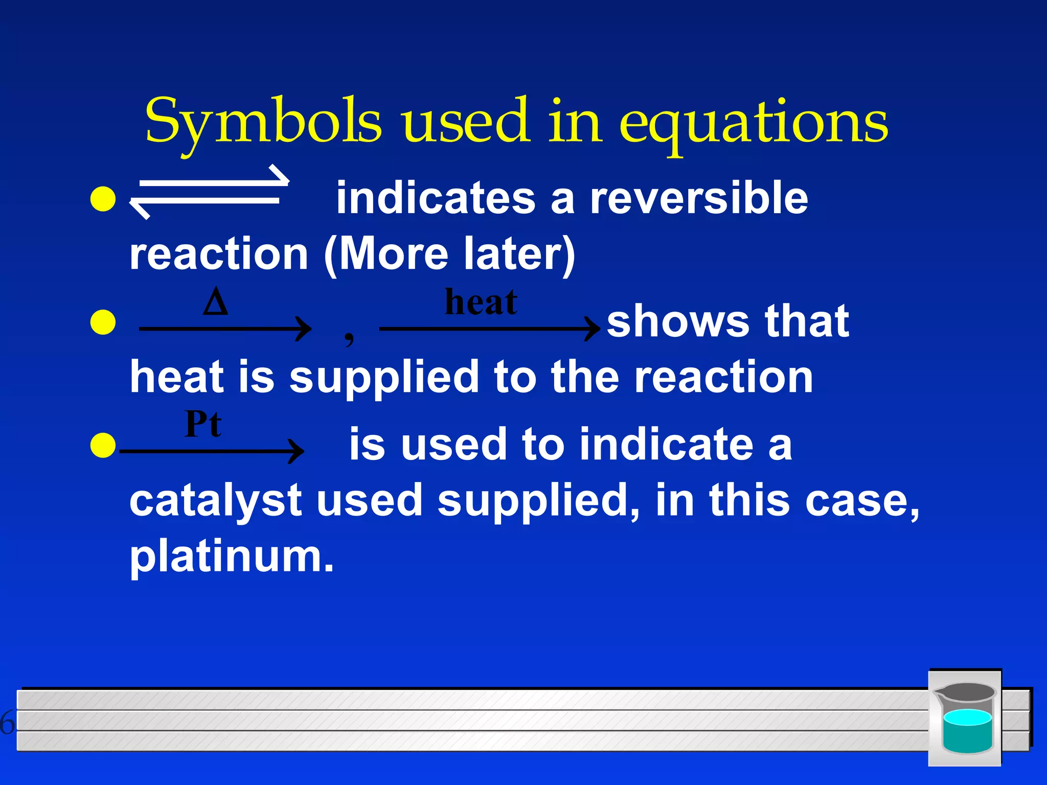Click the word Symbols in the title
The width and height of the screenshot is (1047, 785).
tap(263, 122)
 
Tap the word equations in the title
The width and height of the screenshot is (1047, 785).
tap(754, 123)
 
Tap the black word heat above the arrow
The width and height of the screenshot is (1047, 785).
tap(481, 302)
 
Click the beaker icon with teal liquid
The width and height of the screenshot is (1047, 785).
tap(965, 718)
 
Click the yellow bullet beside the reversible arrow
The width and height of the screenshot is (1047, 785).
tap(103, 199)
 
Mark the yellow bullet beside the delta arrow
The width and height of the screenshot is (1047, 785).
tap(103, 322)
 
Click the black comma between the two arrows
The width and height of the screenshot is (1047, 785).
tap(349, 337)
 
